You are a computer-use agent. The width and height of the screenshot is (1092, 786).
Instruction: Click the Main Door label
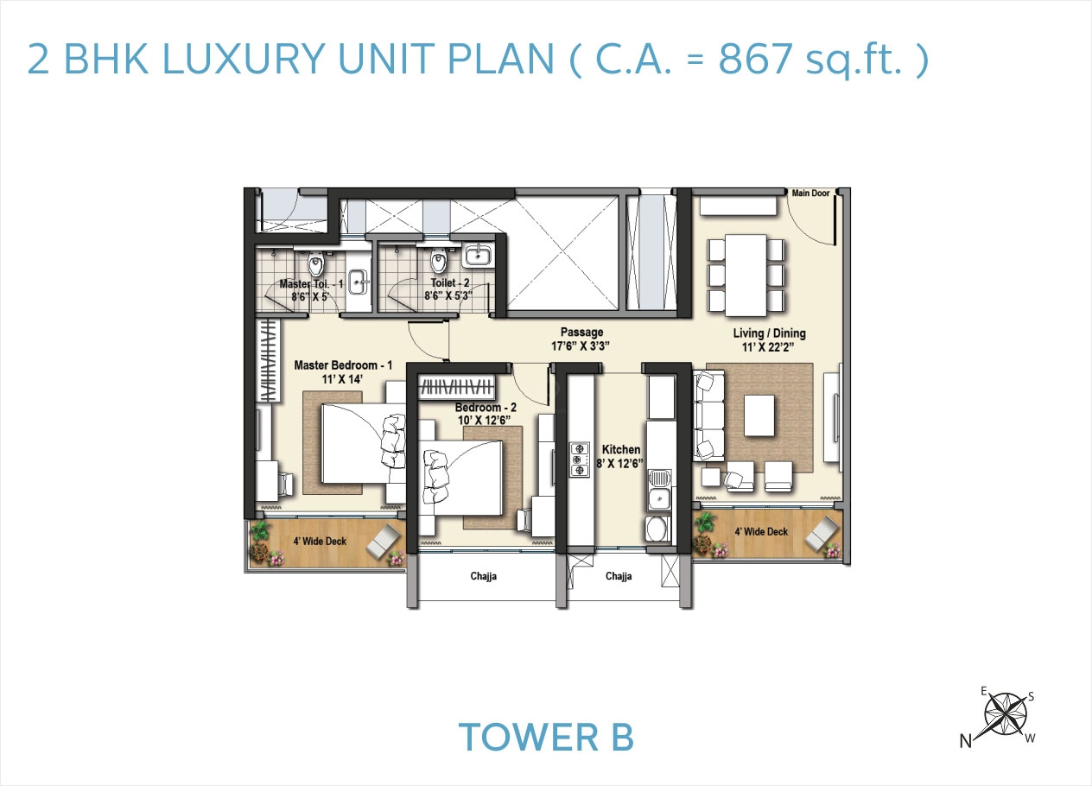click(x=810, y=193)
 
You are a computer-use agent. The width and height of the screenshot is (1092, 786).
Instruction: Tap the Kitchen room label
click(x=621, y=449)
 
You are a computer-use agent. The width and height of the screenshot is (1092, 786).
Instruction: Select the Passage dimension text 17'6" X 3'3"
click(x=581, y=346)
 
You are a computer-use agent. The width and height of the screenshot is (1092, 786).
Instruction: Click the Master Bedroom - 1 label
click(x=343, y=365)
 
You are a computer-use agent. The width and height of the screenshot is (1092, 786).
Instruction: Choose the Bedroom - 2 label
click(x=486, y=407)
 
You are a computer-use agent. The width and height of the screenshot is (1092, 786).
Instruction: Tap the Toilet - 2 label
click(x=450, y=282)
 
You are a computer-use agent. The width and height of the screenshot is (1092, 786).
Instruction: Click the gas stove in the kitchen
click(x=577, y=459)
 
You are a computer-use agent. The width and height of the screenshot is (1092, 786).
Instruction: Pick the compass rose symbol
click(x=1006, y=713)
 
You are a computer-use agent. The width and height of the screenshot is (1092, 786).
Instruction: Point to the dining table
click(x=746, y=276)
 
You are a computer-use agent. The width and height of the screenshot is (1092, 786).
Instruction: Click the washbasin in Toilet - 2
click(x=477, y=254)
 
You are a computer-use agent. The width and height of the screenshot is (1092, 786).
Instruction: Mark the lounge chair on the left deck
click(x=384, y=542)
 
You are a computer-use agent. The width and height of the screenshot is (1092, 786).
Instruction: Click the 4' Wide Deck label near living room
click(x=760, y=532)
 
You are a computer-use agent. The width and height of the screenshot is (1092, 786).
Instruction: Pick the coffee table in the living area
click(x=760, y=415)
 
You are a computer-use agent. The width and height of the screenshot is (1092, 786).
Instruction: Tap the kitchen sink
click(x=658, y=491)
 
